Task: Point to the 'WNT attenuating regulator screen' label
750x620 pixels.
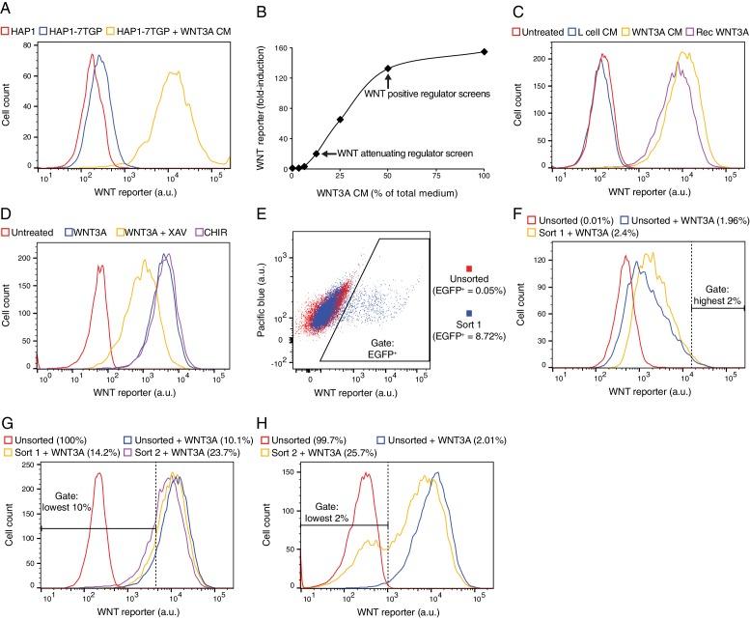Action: click(x=401, y=154)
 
